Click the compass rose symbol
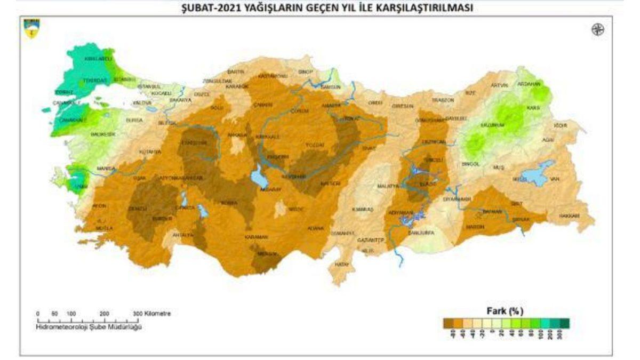pyautogui.click(x=598, y=30)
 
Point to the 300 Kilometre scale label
pyautogui.click(x=152, y=314)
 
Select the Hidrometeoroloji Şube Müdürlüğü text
pyautogui.click(x=89, y=327)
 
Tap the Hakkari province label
pyautogui.click(x=569, y=216)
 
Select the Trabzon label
pyautogui.click(x=443, y=100)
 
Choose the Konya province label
pyautogui.click(x=229, y=203)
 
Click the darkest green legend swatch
pyautogui.click(x=565, y=323)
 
